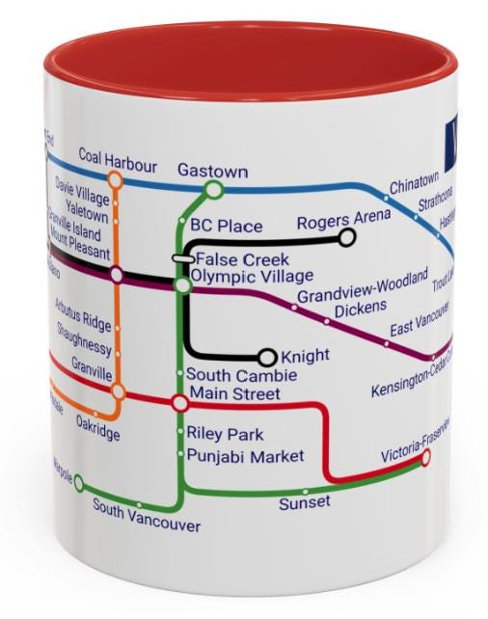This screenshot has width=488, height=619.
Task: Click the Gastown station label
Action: click(212, 171)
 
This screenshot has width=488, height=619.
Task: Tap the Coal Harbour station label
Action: click(118, 156)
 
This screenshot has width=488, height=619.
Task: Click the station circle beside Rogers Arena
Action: click(346, 238)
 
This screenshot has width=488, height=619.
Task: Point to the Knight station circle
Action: click(268, 358)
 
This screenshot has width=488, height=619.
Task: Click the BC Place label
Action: click(226, 227)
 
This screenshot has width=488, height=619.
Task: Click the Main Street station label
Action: click(235, 393)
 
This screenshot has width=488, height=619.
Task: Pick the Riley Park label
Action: click(225, 435)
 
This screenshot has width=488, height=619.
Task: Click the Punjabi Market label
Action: click(245, 456)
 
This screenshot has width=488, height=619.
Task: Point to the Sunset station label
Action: click(304, 502)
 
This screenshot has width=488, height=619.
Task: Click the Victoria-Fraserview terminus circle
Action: click(425, 459)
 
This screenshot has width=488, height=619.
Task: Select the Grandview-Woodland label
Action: click(362, 289)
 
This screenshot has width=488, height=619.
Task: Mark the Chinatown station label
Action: click(414, 181)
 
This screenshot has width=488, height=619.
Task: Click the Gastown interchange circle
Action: click(214, 190)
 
